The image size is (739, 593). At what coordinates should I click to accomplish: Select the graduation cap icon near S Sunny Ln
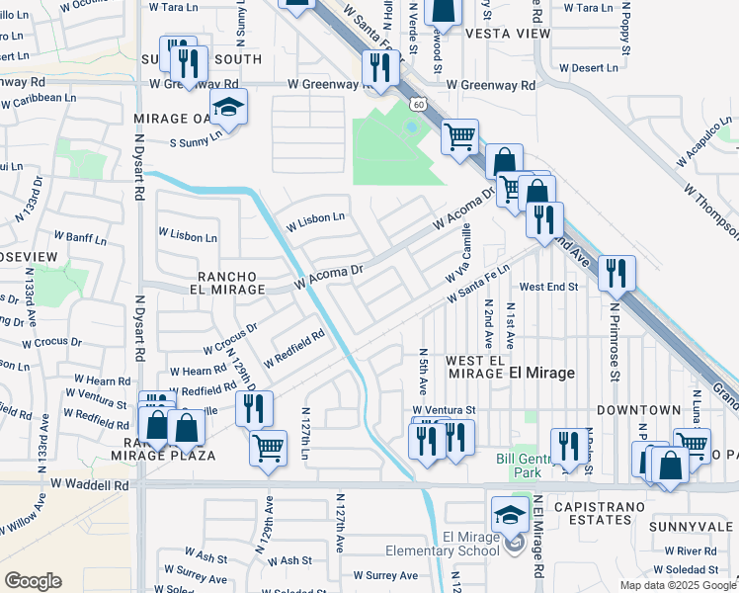(228, 108)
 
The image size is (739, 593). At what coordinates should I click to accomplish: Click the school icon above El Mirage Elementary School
(510, 513)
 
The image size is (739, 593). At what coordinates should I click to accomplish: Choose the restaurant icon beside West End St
(616, 274)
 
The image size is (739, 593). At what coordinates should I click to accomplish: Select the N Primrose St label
(614, 341)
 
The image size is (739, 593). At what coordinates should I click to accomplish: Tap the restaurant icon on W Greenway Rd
(379, 67)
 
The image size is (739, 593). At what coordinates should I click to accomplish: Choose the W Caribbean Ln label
(39, 100)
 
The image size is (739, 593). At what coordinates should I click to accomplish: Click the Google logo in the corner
(33, 580)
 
